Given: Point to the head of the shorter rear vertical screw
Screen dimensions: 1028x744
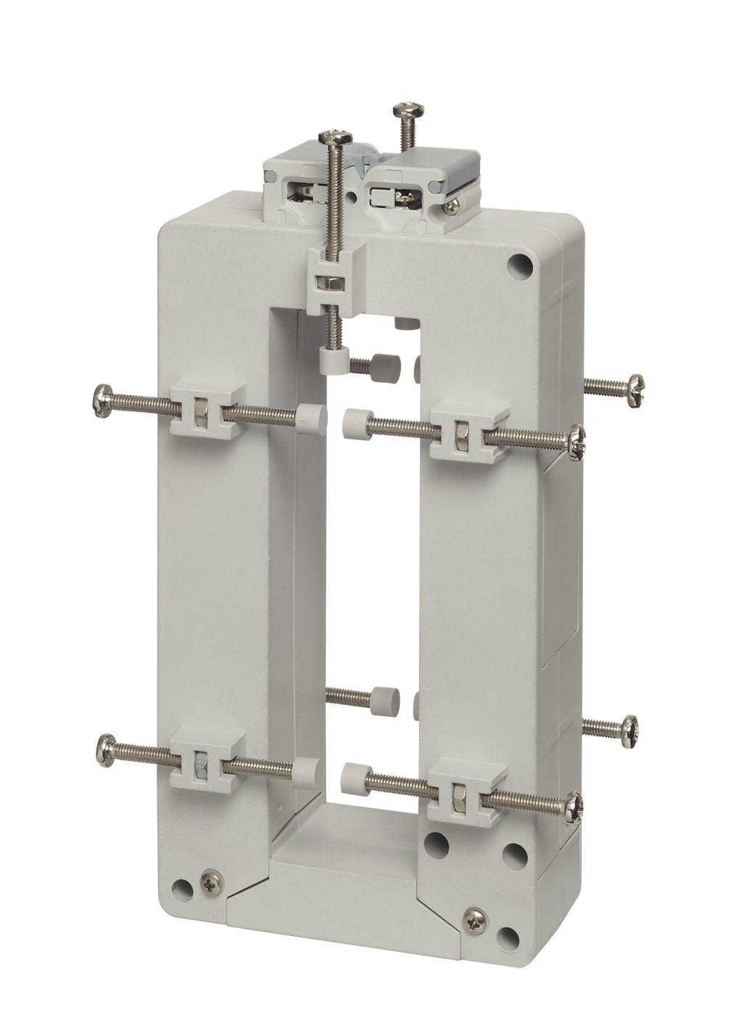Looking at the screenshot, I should [403, 110].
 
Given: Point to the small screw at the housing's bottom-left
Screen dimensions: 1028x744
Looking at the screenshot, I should [211, 877].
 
